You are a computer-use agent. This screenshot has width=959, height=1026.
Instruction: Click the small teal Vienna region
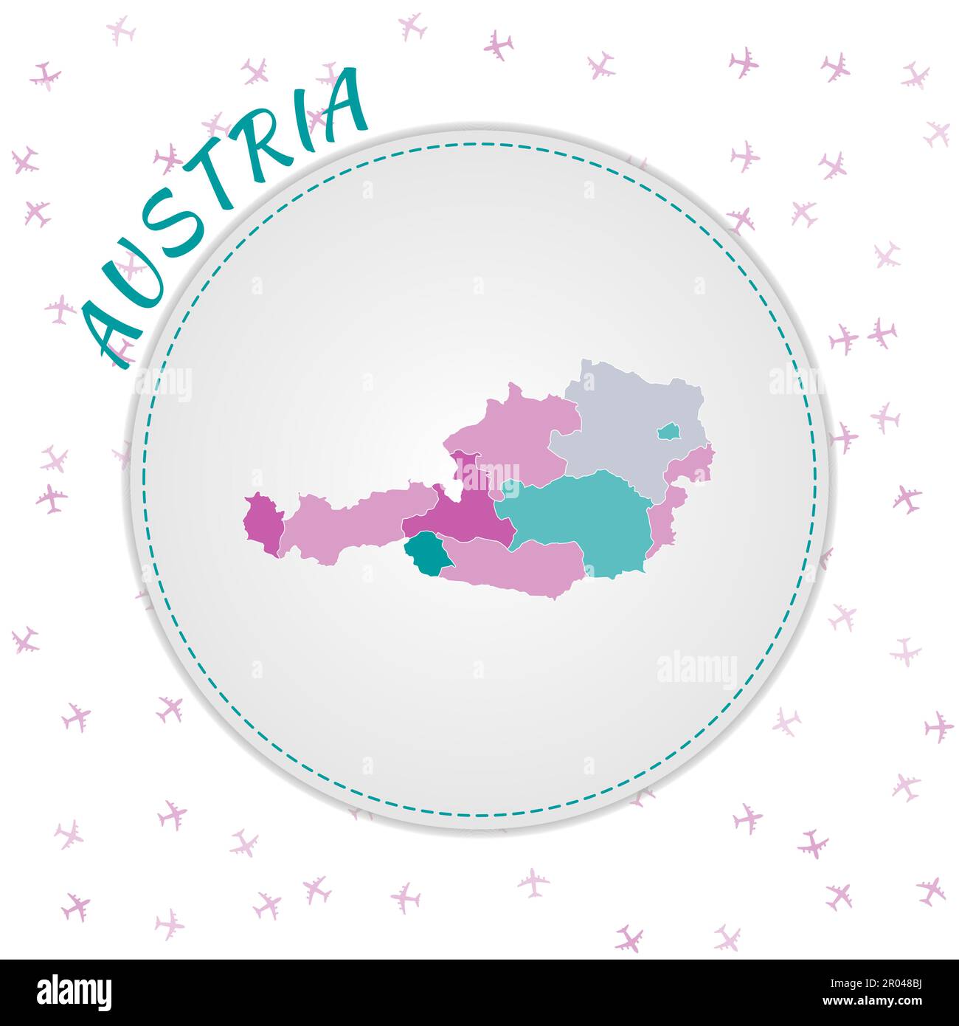668,431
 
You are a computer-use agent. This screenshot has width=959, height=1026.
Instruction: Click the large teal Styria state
583,517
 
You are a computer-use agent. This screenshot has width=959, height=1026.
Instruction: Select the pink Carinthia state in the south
516,565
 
